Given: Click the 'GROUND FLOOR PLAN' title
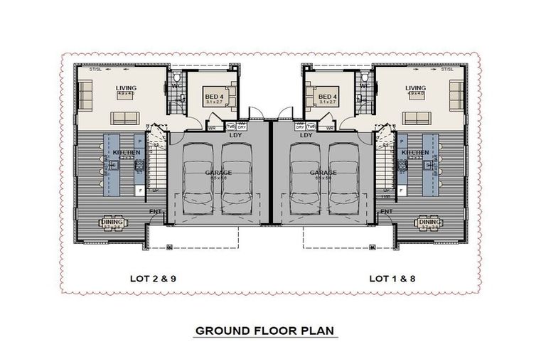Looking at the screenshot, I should click(266, 331).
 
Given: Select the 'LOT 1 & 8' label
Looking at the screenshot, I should click(392, 279).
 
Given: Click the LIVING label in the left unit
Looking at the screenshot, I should click(126, 89).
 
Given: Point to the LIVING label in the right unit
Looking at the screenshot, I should click(415, 89).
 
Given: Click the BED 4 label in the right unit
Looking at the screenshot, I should click(327, 97).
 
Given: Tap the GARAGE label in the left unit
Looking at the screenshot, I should click(218, 172).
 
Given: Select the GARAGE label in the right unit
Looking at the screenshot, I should click(323, 172).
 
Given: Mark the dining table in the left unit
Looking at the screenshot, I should click(114, 223).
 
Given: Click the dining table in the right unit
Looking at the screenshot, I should click(429, 223).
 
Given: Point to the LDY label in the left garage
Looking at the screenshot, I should click(235, 134).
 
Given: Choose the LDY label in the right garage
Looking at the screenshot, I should click(306, 134).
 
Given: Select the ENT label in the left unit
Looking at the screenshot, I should click(154, 212).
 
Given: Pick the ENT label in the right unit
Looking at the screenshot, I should click(387, 212).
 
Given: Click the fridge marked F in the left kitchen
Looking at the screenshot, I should click(139, 191).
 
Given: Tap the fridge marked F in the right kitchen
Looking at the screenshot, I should click(402, 191).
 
